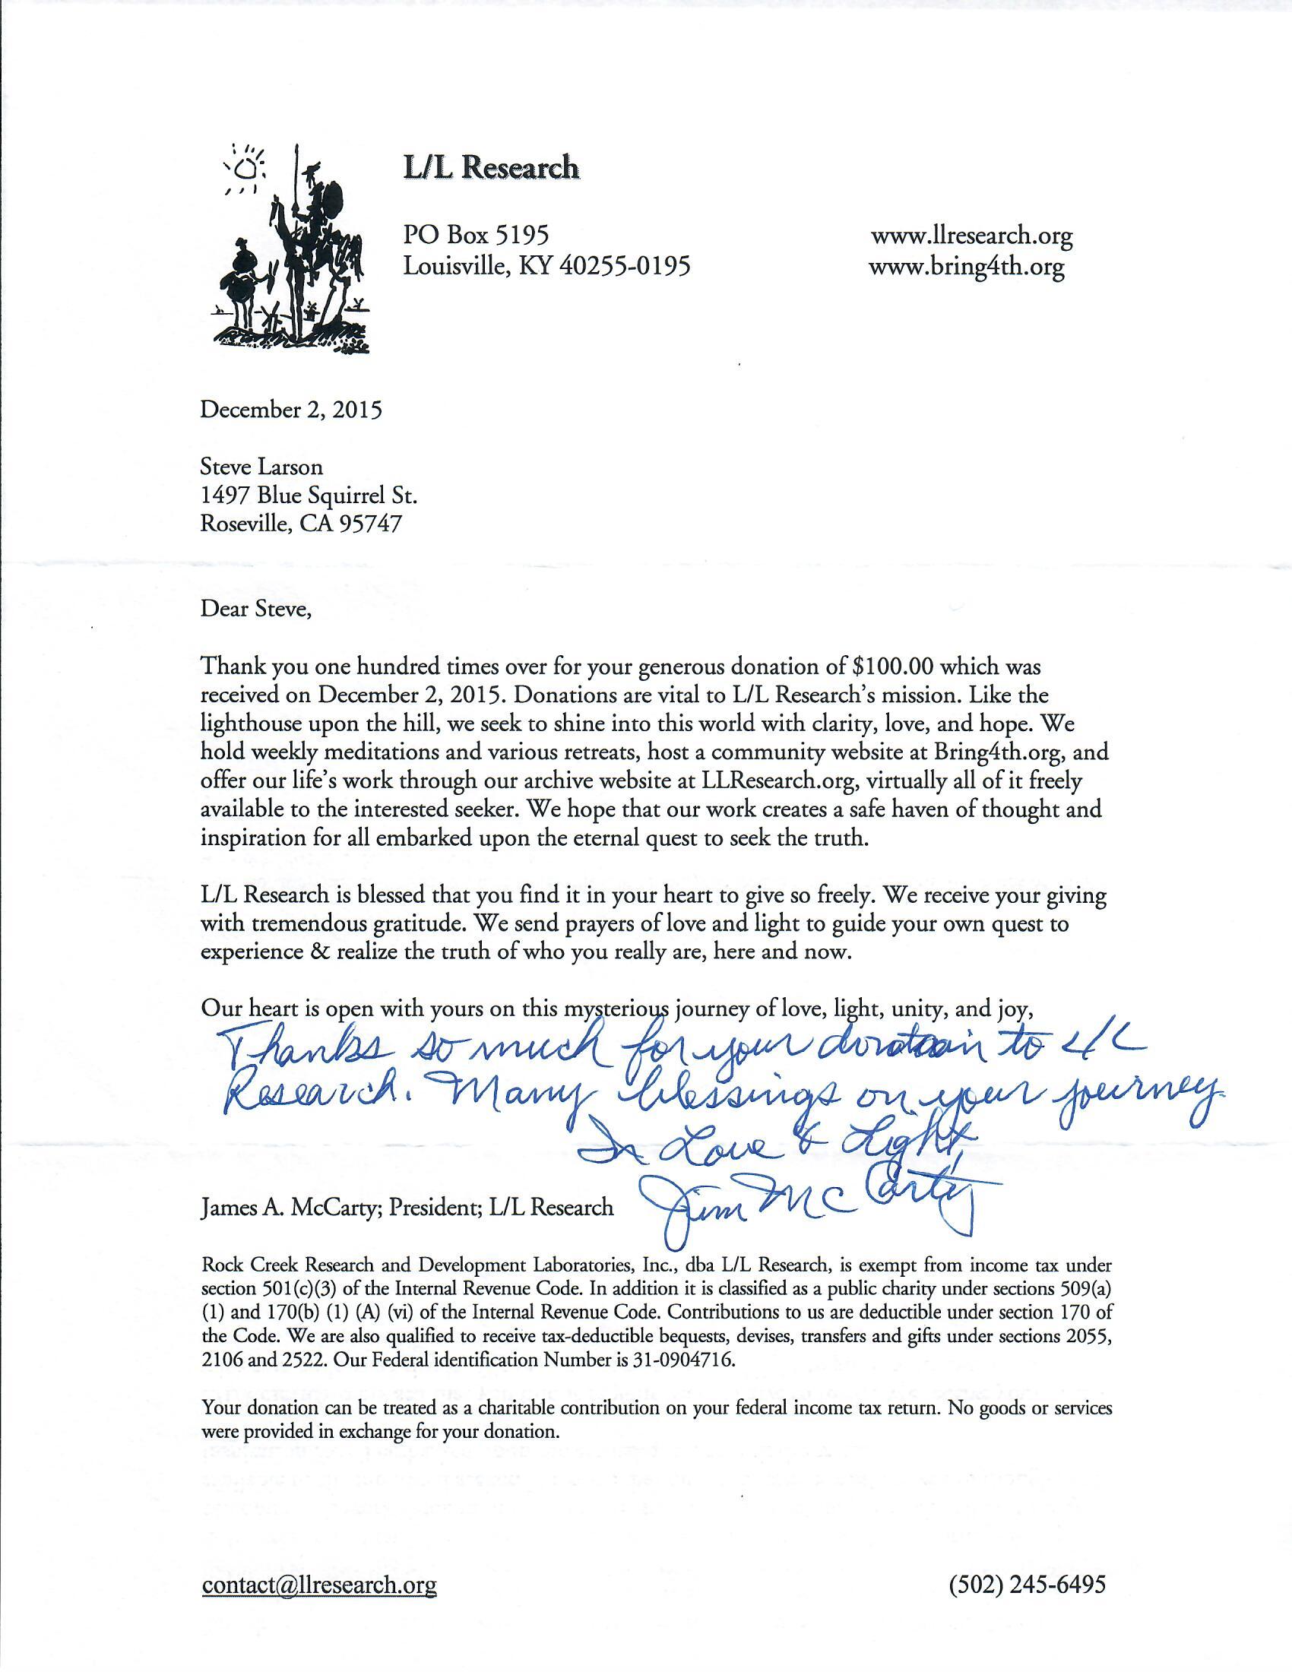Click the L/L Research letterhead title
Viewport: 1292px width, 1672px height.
492,167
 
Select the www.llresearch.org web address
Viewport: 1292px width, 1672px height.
971,236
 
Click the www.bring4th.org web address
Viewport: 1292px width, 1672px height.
967,268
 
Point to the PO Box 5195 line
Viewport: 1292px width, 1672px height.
476,234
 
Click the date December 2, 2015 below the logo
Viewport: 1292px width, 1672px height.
291,410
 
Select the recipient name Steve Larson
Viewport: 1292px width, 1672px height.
261,466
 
